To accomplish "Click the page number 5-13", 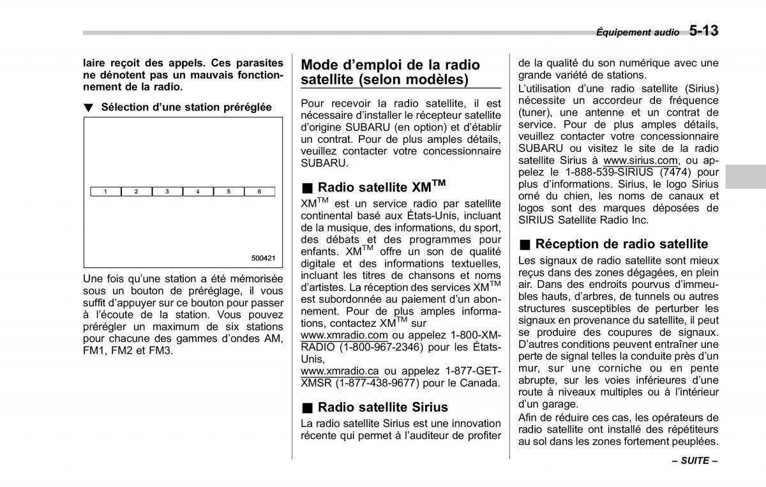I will pos(703,30).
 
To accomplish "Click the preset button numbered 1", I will pos(106,191).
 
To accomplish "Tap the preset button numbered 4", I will pos(198,191).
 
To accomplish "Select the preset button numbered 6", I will pos(259,191).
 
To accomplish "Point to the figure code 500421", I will pos(263,258).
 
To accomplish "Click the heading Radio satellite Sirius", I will pos(383,407).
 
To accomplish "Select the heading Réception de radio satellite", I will pos(622,244).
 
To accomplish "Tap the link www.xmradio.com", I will pos(344,335).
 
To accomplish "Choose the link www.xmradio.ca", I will pos(340,371).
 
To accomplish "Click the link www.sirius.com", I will pos(641,160).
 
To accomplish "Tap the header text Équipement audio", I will pos(637,33).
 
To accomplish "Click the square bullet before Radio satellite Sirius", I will pos(308,408).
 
